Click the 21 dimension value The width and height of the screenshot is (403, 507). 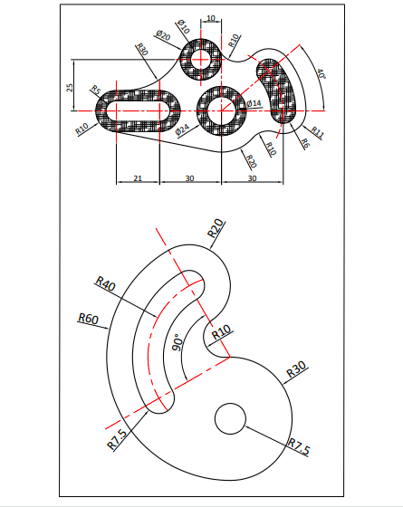[138, 178]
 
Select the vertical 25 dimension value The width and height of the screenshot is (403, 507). [70, 87]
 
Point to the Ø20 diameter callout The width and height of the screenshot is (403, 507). [164, 36]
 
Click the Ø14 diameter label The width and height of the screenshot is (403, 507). [254, 104]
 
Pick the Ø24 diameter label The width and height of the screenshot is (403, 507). [183, 131]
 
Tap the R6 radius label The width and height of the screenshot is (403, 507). [304, 143]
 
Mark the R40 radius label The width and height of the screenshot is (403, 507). [105, 285]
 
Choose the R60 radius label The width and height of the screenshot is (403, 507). [88, 318]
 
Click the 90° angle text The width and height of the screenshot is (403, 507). [178, 341]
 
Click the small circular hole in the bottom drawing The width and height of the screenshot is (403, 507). [230, 418]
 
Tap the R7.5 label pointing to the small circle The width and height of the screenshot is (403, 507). [299, 445]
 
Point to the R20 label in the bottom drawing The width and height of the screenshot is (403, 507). [216, 227]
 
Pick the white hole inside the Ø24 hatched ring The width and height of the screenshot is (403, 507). [221, 110]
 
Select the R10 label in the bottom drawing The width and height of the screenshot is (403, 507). [220, 335]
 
